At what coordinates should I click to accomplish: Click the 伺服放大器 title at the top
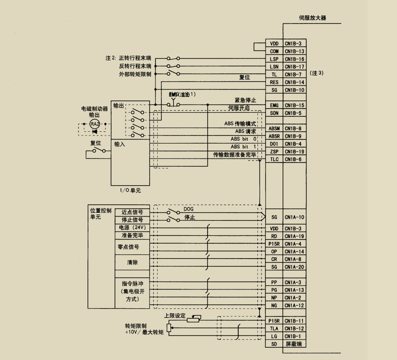click(x=312, y=18)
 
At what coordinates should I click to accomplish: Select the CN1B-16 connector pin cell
click(x=294, y=59)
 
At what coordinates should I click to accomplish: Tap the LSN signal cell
click(x=274, y=67)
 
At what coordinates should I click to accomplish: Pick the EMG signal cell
click(x=274, y=106)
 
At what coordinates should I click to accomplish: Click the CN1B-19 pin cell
click(x=294, y=152)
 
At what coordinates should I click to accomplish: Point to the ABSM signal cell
click(x=274, y=128)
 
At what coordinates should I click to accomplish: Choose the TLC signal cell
click(x=274, y=159)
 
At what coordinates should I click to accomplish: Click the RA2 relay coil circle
click(x=94, y=124)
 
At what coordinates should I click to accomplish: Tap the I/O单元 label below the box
click(x=130, y=191)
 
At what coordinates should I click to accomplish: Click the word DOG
click(x=189, y=209)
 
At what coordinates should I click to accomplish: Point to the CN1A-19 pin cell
click(x=294, y=236)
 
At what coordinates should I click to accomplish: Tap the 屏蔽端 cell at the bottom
click(x=294, y=344)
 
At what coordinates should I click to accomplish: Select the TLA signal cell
click(x=274, y=328)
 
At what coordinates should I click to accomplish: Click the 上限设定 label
click(x=175, y=315)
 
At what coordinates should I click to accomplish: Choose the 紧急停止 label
click(x=245, y=100)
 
